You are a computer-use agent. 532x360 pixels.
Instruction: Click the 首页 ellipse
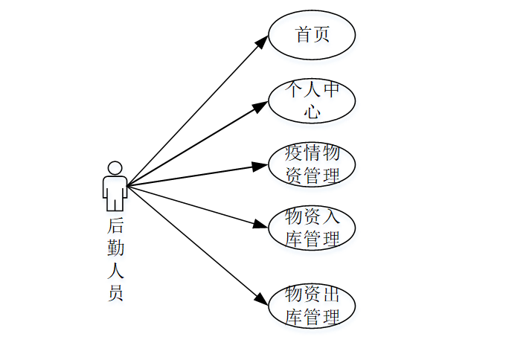coord(312,35)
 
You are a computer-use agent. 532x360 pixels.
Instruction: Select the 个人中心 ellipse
coord(312,100)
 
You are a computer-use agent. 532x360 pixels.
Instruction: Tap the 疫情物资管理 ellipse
coord(312,165)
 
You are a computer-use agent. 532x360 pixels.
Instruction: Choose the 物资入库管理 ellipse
coord(312,228)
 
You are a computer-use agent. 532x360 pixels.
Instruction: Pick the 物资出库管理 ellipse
coord(312,304)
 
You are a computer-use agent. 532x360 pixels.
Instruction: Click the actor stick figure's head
coord(115,167)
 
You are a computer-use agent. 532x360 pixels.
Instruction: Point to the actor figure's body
coord(115,192)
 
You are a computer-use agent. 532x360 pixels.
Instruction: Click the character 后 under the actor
coord(115,225)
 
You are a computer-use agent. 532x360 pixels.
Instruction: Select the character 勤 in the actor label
coord(115,247)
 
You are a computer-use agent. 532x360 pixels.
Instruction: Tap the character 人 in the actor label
coord(115,269)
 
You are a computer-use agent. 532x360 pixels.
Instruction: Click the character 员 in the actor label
coord(115,292)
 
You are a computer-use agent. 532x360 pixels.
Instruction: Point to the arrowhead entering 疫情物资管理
coord(260,165)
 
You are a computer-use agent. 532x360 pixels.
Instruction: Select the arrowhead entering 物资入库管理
coord(260,225)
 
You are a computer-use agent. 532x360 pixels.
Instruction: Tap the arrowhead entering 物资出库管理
coord(261,299)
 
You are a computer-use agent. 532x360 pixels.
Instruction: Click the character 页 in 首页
coord(321,35)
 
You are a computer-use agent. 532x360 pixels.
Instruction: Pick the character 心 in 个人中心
coord(313,112)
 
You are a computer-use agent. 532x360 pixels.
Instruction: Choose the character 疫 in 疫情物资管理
coord(294,154)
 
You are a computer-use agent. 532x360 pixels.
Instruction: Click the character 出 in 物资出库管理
coord(331,294)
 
